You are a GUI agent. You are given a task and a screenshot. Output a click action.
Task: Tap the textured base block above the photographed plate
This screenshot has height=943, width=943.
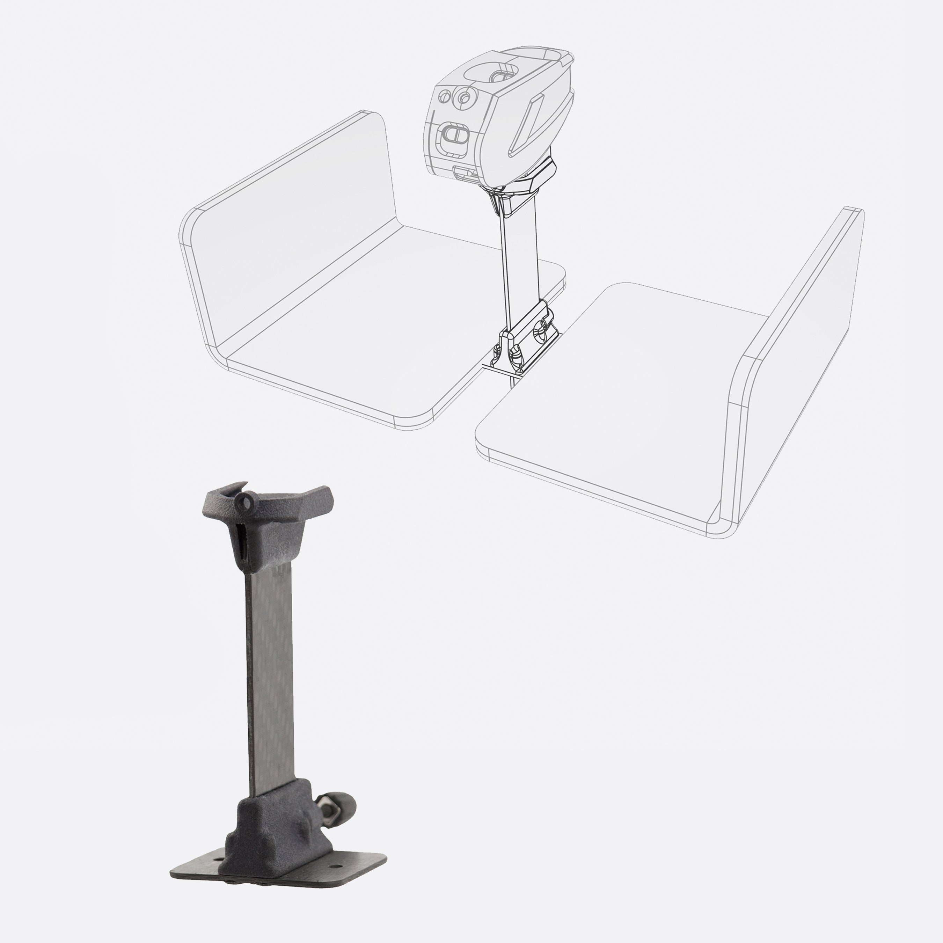(273, 825)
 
